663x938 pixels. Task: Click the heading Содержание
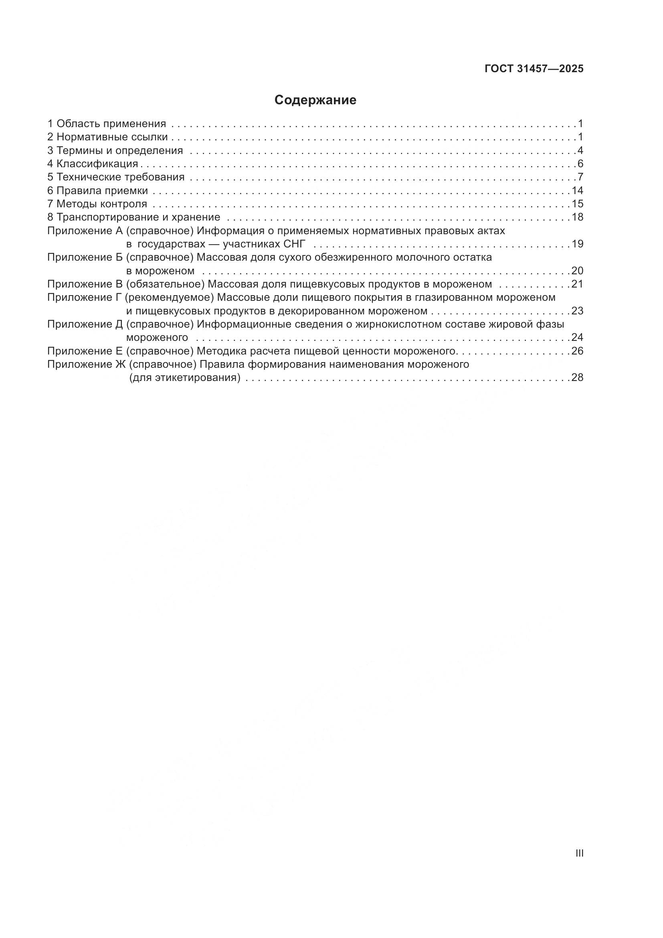tap(315, 100)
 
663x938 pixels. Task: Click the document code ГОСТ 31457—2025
tap(534, 69)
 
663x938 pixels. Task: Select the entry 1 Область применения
tap(107, 124)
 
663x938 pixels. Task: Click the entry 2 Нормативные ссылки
tap(107, 137)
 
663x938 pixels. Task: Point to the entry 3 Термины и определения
tap(115, 150)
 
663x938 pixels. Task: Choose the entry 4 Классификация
tap(93, 164)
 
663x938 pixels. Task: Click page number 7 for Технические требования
tap(580, 177)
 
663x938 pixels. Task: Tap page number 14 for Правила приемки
tap(577, 190)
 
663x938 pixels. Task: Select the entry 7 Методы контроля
tap(97, 204)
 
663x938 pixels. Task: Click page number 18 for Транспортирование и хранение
tap(577, 217)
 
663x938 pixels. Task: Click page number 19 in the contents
tap(577, 244)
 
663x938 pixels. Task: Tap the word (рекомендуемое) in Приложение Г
tap(170, 298)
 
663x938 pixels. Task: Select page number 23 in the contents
tap(577, 311)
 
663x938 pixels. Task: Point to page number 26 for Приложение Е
tap(577, 351)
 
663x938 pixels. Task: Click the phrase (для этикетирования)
tap(185, 377)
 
